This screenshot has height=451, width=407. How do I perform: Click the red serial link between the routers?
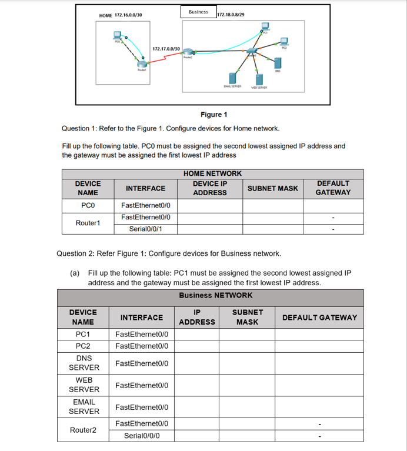tap(168, 57)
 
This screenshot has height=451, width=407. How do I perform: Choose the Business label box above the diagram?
tap(198, 12)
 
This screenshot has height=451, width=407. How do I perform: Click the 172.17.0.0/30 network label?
tap(166, 48)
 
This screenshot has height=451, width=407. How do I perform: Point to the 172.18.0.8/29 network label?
tap(231, 15)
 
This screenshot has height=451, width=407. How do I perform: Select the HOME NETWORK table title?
tap(212, 173)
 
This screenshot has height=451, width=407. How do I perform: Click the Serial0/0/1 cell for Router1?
tap(145, 229)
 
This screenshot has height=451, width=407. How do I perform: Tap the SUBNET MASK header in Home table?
tap(272, 188)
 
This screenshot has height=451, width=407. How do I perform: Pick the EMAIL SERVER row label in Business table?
tap(84, 406)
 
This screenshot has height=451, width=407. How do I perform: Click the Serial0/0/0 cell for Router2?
tap(142, 436)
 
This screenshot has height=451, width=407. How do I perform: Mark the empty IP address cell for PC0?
tap(210, 205)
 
